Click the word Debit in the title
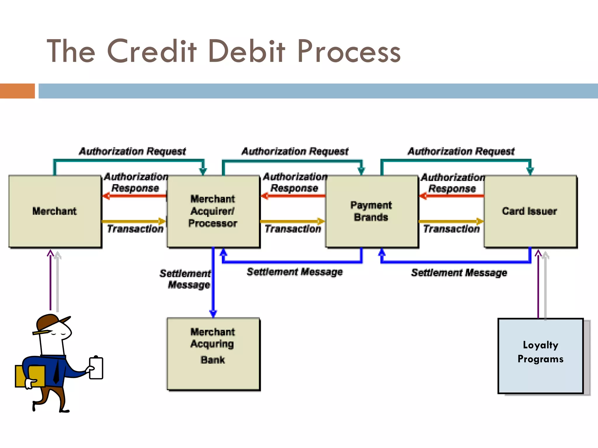click(x=247, y=52)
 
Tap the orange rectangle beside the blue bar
click(x=17, y=91)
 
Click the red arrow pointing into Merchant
click(x=134, y=196)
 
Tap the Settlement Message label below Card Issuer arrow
click(x=459, y=273)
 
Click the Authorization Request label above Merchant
click(x=132, y=151)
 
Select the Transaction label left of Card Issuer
click(x=451, y=229)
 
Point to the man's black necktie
click(x=56, y=372)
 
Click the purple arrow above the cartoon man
click(x=51, y=280)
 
